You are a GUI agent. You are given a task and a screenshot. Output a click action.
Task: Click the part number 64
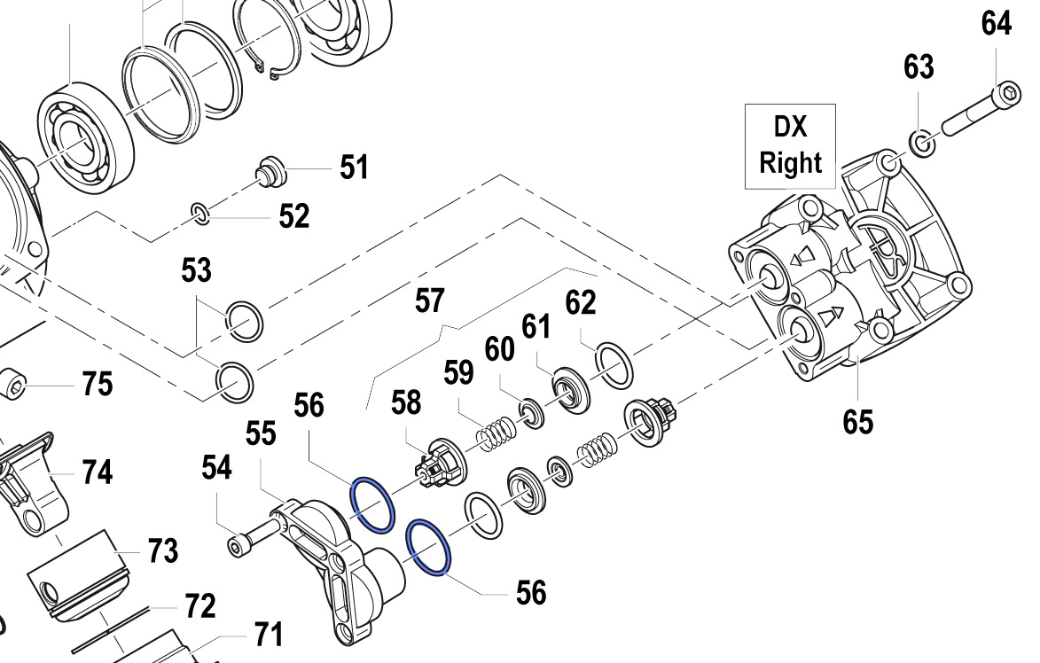(997, 24)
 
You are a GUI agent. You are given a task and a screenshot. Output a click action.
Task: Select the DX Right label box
(790, 146)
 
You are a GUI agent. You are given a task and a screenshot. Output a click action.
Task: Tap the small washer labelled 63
(922, 144)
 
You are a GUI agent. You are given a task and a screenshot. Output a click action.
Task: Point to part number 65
(857, 422)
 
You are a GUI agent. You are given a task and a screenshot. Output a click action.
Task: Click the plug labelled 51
(270, 172)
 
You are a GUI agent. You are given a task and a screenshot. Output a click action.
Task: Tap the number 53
(196, 270)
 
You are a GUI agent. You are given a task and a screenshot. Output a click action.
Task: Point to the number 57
(429, 301)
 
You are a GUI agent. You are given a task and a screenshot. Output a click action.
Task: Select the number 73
(162, 551)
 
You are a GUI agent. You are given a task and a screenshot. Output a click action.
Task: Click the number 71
(268, 635)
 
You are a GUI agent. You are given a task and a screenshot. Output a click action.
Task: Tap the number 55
(261, 433)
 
